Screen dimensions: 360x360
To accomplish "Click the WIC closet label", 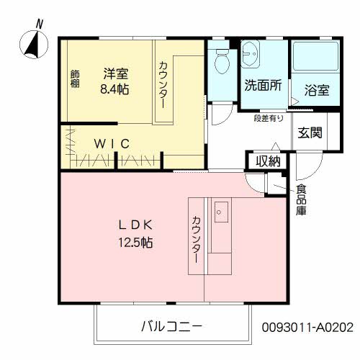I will click(x=112, y=143).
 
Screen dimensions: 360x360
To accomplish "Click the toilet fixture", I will click(x=221, y=62).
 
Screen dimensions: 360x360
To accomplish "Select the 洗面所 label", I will click(x=263, y=85).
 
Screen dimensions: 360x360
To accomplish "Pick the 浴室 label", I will click(x=317, y=90).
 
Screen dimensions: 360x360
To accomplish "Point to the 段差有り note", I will click(x=268, y=118).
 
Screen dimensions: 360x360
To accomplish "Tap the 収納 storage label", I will click(x=268, y=161).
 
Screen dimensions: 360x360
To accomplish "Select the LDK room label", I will click(x=136, y=224).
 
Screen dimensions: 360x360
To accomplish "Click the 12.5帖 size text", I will click(x=136, y=243).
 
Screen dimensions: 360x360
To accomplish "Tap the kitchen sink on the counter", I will click(x=221, y=212).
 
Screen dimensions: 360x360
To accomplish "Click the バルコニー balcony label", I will click(x=172, y=325).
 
